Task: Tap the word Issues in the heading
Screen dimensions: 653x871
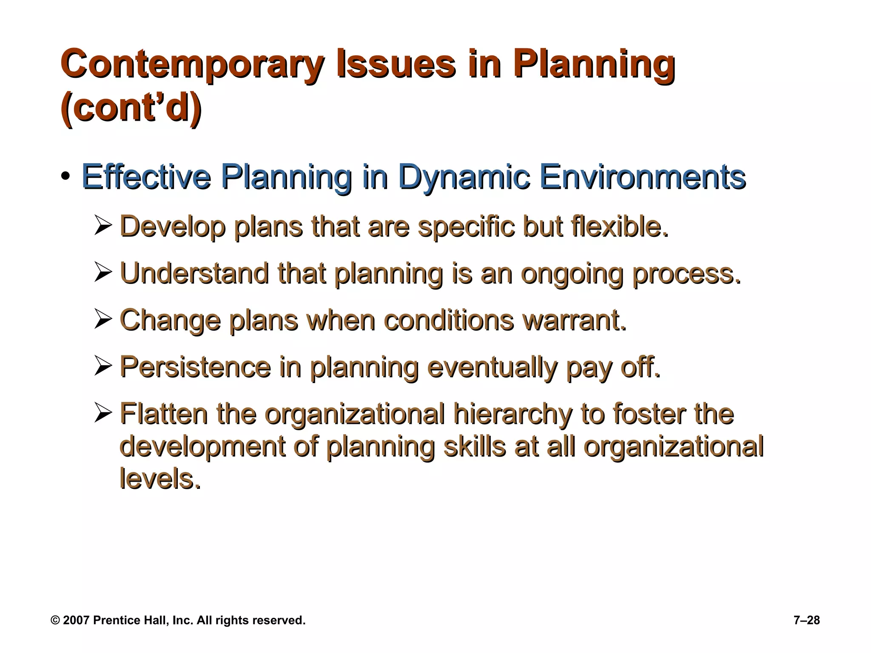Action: [x=396, y=65]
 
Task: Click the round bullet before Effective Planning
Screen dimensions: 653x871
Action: [x=65, y=176]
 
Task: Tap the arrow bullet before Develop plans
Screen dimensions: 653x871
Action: [x=103, y=226]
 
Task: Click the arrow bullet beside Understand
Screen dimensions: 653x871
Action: [x=103, y=273]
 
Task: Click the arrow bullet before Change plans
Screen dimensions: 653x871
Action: [x=103, y=320]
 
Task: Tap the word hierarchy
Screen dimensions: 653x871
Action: [x=512, y=414]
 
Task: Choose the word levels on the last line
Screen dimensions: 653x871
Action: [x=160, y=479]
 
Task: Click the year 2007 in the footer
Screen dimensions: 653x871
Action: [x=76, y=620]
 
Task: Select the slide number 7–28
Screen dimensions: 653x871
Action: [x=806, y=620]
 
